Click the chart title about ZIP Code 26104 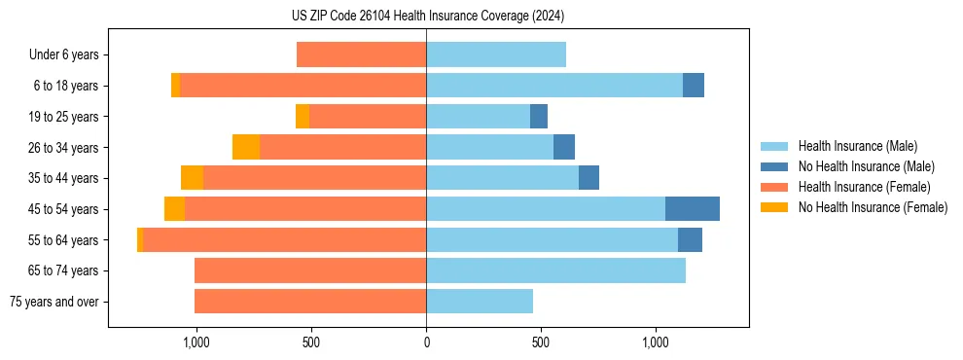pyautogui.click(x=427, y=17)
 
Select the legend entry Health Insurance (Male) pyautogui.click(x=857, y=146)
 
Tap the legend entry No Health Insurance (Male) pyautogui.click(x=866, y=166)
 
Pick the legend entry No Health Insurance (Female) pyautogui.click(x=873, y=207)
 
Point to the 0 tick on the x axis pyautogui.click(x=426, y=342)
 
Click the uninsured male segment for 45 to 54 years pyautogui.click(x=693, y=209)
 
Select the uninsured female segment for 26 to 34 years pyautogui.click(x=246, y=147)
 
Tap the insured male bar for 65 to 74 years pyautogui.click(x=555, y=270)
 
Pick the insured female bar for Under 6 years pyautogui.click(x=361, y=55)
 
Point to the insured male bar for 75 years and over pyautogui.click(x=480, y=302)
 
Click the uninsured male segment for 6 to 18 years pyautogui.click(x=694, y=86)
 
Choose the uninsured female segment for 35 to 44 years pyautogui.click(x=192, y=178)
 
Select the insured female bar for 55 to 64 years pyautogui.click(x=284, y=239)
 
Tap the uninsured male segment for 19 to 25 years pyautogui.click(x=539, y=117)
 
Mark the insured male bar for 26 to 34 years pyautogui.click(x=489, y=147)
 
